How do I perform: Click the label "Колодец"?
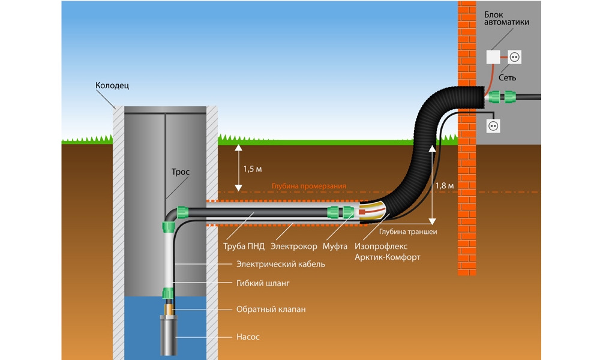coord(112,86)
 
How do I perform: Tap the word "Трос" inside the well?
coord(181,172)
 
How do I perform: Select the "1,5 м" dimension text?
coord(253,169)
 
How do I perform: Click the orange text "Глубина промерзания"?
coord(308,187)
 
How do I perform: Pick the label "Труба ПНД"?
coord(243,246)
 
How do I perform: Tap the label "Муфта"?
coord(335,246)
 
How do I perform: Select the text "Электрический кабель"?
coord(281,264)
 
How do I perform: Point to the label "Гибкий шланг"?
coord(263,283)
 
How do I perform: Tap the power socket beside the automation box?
coord(514,57)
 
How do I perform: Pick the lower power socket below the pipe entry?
coord(493,127)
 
